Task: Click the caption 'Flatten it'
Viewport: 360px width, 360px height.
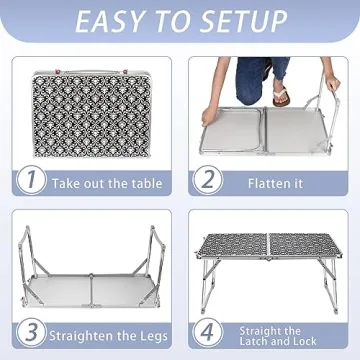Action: click(x=276, y=183)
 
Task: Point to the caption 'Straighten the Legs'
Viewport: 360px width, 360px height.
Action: click(x=105, y=333)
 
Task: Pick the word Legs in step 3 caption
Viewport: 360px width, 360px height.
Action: click(x=149, y=333)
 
